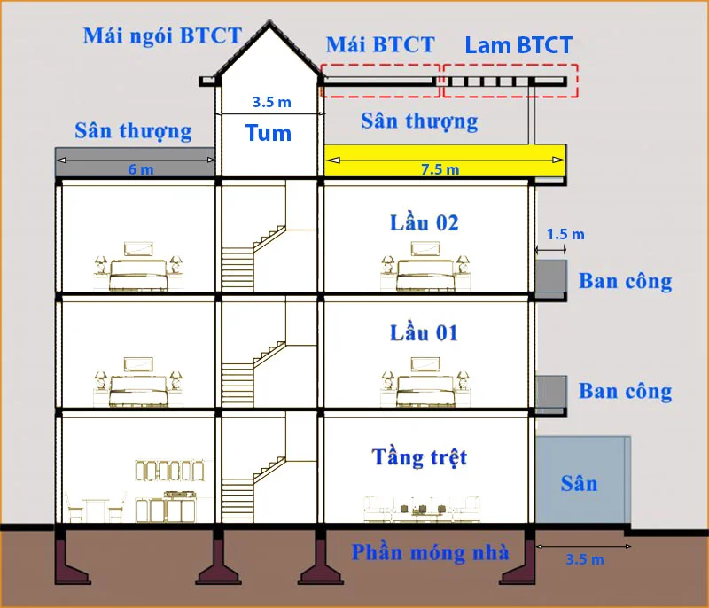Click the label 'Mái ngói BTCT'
click(x=162, y=36)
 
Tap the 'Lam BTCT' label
click(x=518, y=45)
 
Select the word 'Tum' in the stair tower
click(x=269, y=134)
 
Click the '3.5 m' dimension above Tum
click(x=271, y=102)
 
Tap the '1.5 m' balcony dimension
click(x=565, y=234)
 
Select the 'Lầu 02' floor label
click(x=425, y=222)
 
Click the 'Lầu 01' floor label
click(x=425, y=333)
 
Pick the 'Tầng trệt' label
click(x=419, y=457)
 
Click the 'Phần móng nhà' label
click(x=430, y=552)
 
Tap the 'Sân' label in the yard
click(x=579, y=483)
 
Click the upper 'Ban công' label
click(x=625, y=281)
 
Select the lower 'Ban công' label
click(x=625, y=391)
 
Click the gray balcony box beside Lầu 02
click(x=551, y=278)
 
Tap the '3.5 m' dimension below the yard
click(x=584, y=559)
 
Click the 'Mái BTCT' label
click(x=380, y=44)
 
